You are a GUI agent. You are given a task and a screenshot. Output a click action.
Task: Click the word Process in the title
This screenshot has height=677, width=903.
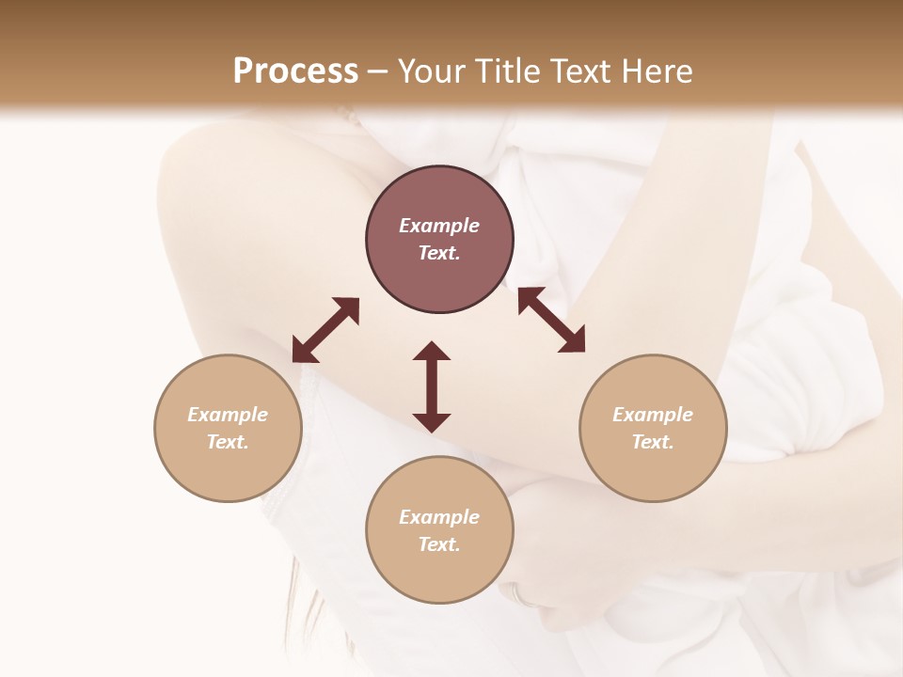[x=295, y=71]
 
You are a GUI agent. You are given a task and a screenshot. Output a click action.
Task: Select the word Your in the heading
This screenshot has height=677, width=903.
[x=428, y=71]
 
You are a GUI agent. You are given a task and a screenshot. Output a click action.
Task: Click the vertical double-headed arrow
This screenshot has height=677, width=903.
[x=432, y=386]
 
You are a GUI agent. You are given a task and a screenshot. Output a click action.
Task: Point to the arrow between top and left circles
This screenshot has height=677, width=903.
[x=325, y=330]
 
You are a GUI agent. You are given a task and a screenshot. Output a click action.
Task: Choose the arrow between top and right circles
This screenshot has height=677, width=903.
[x=551, y=321]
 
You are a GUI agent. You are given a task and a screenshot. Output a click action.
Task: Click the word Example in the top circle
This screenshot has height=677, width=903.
[x=439, y=226]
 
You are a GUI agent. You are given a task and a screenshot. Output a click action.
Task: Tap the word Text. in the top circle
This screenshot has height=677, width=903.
[x=439, y=253]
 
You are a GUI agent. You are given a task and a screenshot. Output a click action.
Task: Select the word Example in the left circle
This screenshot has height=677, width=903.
[x=228, y=415]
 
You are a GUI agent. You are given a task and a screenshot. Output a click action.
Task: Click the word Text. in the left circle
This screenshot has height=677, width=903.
[x=228, y=442]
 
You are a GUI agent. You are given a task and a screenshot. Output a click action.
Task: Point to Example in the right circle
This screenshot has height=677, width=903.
[x=653, y=415]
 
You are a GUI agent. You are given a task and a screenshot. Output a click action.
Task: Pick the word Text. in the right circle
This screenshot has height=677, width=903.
[x=653, y=442]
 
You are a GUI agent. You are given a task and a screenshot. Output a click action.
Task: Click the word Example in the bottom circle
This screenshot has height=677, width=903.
[x=439, y=517]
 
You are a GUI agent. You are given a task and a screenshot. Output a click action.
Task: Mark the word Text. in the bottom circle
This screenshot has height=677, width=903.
[x=439, y=544]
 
